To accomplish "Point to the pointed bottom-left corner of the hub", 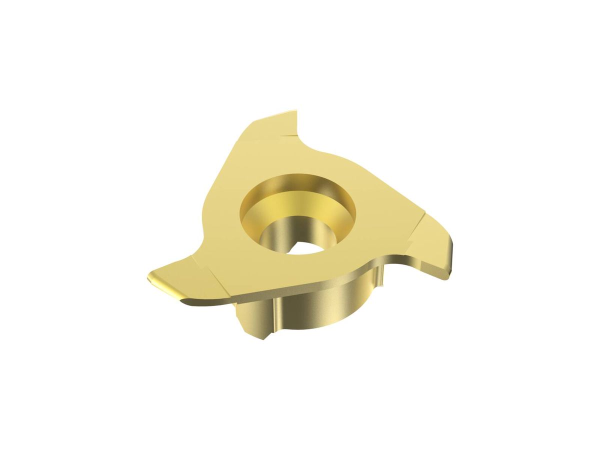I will (x=261, y=337).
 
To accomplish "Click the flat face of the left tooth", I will (x=180, y=272).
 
